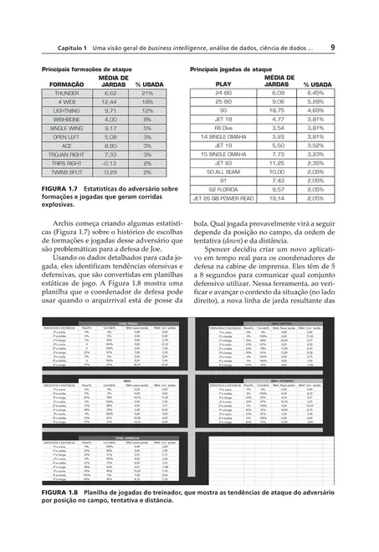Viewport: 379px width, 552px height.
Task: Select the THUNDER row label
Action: coord(65,94)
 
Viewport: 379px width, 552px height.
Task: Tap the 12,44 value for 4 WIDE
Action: coord(110,102)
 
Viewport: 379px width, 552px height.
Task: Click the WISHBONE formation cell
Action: coord(65,120)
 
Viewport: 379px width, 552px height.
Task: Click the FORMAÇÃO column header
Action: coord(66,84)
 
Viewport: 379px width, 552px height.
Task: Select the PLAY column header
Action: coord(223,84)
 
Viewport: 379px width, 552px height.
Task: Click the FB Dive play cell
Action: coord(223,128)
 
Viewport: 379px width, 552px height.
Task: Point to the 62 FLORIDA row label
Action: coord(223,189)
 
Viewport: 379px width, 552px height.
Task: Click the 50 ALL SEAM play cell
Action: coord(223,171)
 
